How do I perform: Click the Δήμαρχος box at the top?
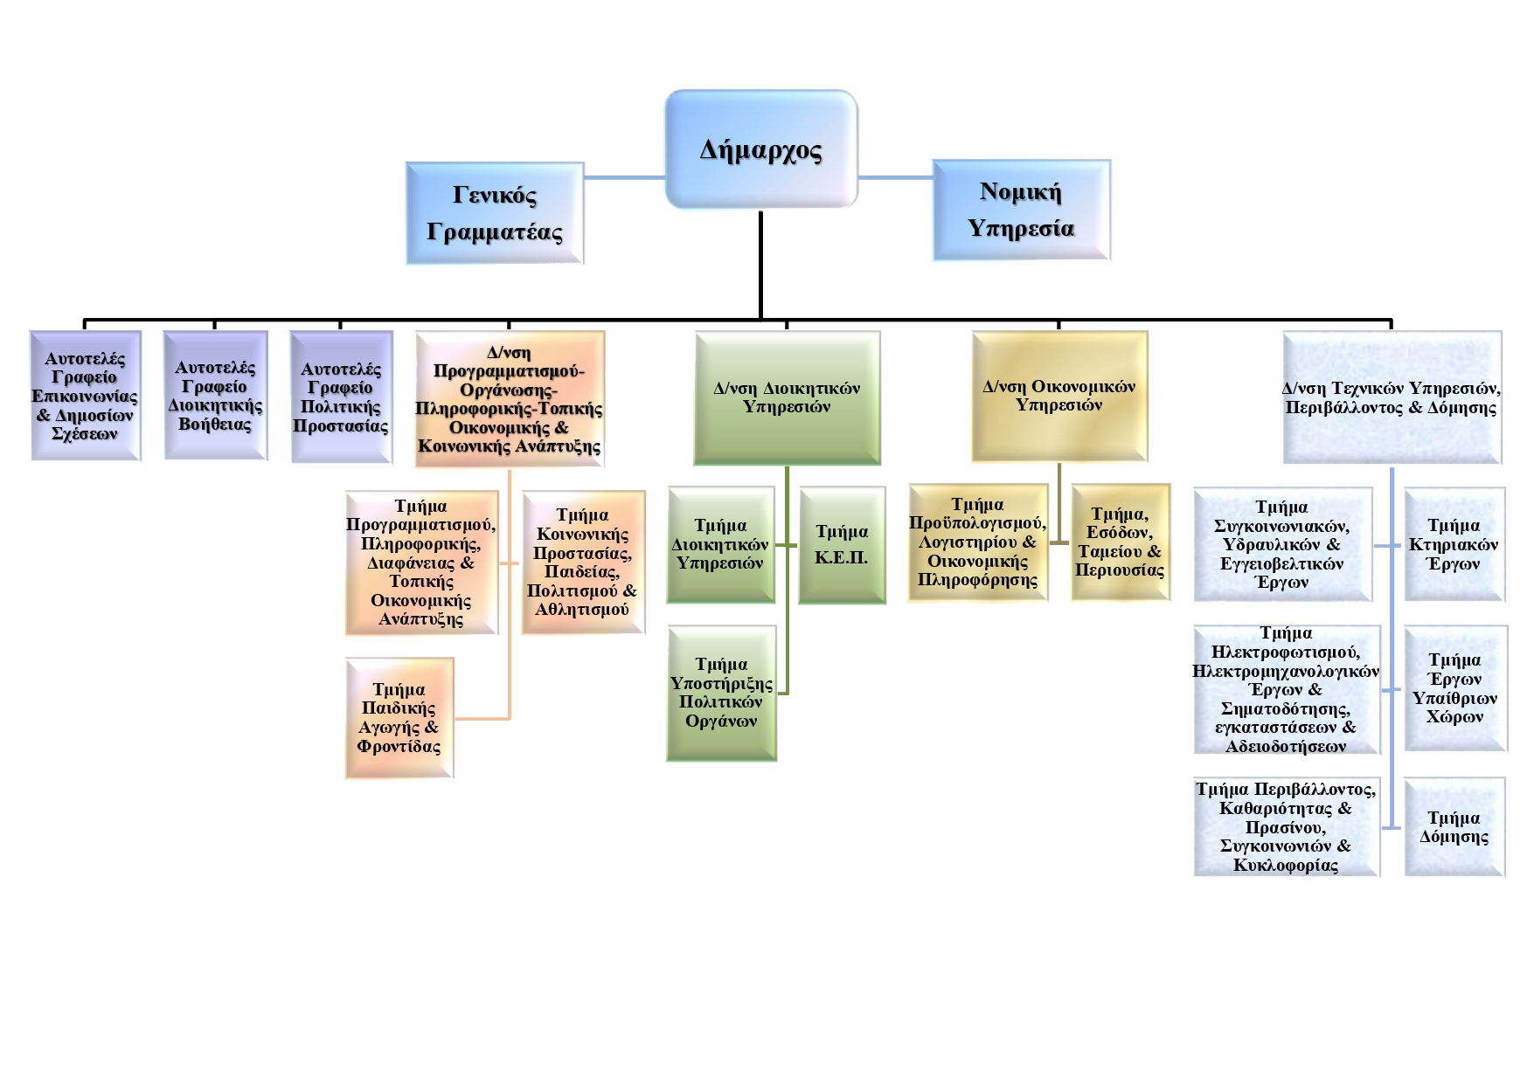click(760, 149)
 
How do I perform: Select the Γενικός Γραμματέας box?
click(495, 213)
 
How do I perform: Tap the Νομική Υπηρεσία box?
click(1021, 211)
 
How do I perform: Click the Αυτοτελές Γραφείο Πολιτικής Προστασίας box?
click(341, 397)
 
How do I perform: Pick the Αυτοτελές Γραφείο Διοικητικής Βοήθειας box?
click(215, 396)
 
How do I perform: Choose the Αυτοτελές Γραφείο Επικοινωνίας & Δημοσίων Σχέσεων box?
click(85, 396)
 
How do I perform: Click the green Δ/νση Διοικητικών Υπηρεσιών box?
click(787, 397)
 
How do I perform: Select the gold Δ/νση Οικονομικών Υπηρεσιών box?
click(1059, 396)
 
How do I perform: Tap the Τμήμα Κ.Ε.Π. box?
click(842, 546)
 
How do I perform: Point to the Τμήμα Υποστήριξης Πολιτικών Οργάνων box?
click(721, 693)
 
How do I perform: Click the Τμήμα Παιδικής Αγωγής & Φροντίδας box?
click(399, 718)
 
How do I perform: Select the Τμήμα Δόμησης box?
click(1454, 827)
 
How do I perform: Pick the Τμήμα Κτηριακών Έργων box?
click(1454, 544)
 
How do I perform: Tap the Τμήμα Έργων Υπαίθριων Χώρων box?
click(1454, 688)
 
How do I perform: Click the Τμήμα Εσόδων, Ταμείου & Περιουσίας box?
click(1120, 542)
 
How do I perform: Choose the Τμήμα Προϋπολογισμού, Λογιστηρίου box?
click(977, 542)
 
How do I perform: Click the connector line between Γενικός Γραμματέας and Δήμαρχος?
click(624, 177)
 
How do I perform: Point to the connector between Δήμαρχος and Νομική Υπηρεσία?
click(896, 177)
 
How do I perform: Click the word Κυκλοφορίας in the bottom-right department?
click(1286, 866)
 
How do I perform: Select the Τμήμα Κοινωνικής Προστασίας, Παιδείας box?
click(582, 562)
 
